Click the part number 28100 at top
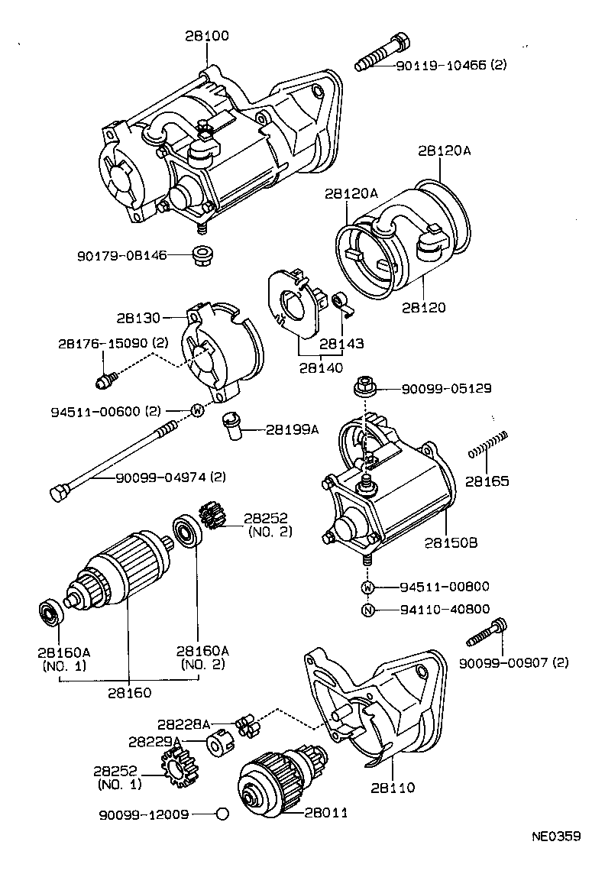point(206,36)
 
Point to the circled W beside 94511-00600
point(196,411)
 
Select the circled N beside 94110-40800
point(367,610)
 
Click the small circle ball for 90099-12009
point(222,813)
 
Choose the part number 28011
point(326,813)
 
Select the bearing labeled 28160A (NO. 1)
point(50,612)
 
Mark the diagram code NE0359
point(556,836)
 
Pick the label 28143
point(341,345)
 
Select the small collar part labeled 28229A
point(218,742)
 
